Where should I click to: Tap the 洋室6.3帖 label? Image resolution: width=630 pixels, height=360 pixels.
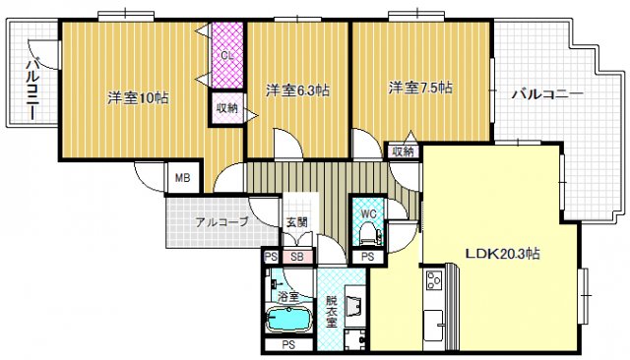pos(297,90)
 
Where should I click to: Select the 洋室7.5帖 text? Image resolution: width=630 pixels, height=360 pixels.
pos(419,88)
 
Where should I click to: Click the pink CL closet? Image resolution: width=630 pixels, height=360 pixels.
pos(226,55)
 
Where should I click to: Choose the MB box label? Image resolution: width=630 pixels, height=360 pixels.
pos(182,178)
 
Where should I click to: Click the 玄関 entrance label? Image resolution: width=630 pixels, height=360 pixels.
pos(296,222)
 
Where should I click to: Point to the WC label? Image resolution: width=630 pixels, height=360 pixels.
pos(369,212)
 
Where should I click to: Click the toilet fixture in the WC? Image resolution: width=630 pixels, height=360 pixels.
pos(369,233)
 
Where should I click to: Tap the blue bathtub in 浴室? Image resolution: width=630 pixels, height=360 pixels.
pos(288,319)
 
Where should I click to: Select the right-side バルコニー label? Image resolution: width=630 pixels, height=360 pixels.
pos(546,94)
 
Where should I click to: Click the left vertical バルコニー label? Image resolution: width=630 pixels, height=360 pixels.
pos(31,90)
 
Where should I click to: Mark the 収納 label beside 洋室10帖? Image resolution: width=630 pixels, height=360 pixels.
pos(225,108)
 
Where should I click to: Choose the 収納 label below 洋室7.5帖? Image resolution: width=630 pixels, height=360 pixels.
pos(403,151)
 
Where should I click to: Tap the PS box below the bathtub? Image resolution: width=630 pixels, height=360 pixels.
pos(288,345)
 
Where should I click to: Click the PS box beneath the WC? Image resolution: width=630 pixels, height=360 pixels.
pos(366,257)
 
